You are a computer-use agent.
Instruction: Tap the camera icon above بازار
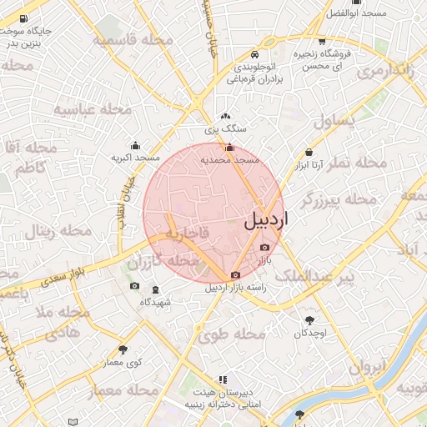(265, 247)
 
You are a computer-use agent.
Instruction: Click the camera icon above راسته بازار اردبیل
(235, 275)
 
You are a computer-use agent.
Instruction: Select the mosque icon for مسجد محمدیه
(229, 147)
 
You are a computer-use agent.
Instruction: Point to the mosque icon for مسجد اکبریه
(136, 145)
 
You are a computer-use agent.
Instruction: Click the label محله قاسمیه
(133, 40)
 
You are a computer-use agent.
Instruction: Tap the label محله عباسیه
(94, 109)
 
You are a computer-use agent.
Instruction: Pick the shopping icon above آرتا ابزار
(309, 153)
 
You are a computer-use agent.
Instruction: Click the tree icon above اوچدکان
(311, 320)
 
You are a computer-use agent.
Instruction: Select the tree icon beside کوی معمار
(123, 349)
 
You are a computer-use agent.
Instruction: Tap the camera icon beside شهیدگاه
(135, 286)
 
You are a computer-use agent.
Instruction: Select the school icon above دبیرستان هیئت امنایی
(222, 379)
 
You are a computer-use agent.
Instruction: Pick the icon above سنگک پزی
(225, 118)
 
